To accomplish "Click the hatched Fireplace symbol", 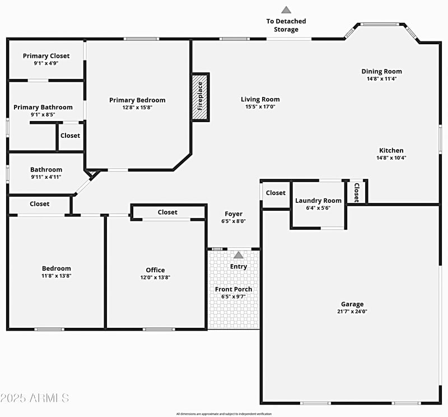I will point(200,96).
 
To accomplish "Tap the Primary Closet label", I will point(46,56).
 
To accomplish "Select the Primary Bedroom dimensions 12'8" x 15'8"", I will point(137,107).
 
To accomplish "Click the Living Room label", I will point(260,99).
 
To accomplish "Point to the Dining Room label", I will point(381,71).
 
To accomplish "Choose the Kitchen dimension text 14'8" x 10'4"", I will point(391,157).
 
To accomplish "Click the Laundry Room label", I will point(318,201).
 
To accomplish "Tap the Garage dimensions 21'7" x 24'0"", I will point(352,312).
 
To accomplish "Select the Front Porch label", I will point(234,289).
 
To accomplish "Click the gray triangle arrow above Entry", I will point(239,255).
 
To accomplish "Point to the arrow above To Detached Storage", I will point(286,10).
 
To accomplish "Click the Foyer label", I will point(234,214).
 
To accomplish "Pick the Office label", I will point(155,270).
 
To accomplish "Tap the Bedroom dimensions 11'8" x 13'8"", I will point(57,276).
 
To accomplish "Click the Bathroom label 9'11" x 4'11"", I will point(46,170).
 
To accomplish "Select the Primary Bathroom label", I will point(43,107).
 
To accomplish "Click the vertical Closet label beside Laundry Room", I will point(356,192).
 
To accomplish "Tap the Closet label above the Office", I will point(167,212).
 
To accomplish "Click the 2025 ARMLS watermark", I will point(35,398).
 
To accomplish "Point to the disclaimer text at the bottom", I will point(224,414).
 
